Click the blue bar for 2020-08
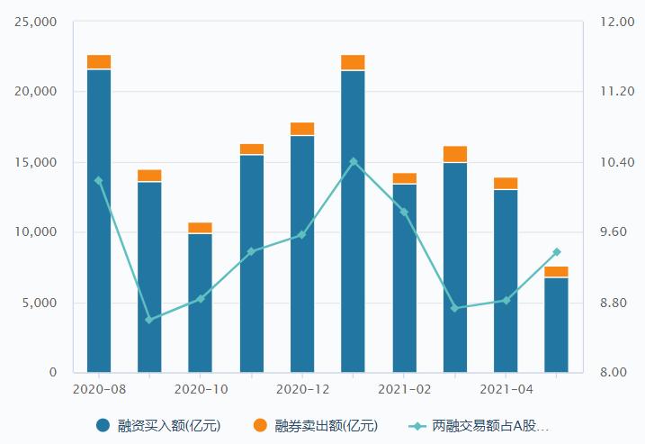[x=99, y=221]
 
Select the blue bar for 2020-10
[x=200, y=303]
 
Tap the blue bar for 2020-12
[x=302, y=254]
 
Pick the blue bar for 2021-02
[x=404, y=277]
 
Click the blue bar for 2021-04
[x=506, y=280]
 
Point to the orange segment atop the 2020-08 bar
[x=99, y=61]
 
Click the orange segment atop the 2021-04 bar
[x=506, y=183]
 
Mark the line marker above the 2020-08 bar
[x=99, y=180]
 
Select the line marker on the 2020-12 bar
[x=302, y=234]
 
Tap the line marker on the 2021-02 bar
[x=404, y=212]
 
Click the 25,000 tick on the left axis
[x=36, y=22]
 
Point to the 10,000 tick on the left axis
[x=36, y=232]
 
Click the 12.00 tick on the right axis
[x=617, y=22]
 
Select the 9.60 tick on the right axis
[x=617, y=232]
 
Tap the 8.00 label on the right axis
[x=617, y=372]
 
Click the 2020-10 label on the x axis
[x=200, y=389]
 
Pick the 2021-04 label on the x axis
[x=506, y=389]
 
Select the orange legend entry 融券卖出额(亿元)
[x=316, y=425]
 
